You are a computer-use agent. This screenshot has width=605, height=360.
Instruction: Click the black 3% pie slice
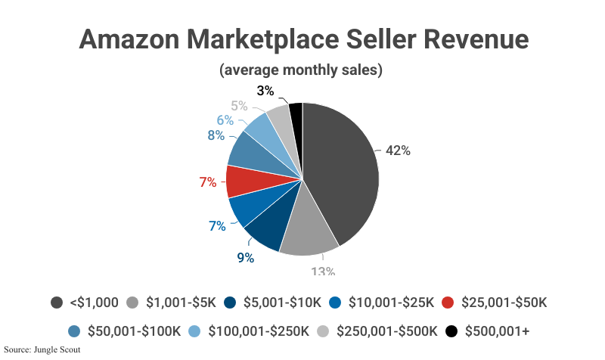tap(296, 117)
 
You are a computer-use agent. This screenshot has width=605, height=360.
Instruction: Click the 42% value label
tap(398, 151)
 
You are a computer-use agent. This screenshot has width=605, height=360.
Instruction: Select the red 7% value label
tap(208, 182)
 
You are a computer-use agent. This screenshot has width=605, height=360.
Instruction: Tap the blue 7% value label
tap(217, 225)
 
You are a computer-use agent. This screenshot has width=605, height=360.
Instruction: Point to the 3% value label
tap(265, 91)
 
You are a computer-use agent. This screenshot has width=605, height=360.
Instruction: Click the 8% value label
tap(216, 135)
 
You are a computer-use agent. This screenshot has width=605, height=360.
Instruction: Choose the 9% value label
tap(245, 257)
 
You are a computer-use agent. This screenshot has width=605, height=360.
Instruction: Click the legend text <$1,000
tap(94, 303)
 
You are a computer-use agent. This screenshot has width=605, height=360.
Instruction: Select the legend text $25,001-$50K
tap(504, 303)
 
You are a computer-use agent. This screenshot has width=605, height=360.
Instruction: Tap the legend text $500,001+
tap(500, 331)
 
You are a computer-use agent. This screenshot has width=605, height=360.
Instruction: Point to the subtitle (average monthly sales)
tap(301, 70)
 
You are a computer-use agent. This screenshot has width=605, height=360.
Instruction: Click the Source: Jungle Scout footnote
tap(42, 350)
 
